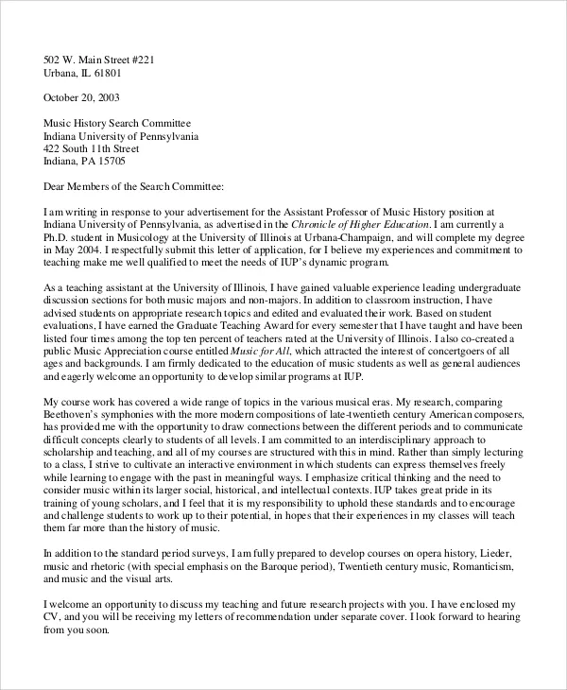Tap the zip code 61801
click(x=130, y=73)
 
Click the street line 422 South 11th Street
click(x=93, y=148)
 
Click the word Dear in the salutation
click(x=57, y=186)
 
